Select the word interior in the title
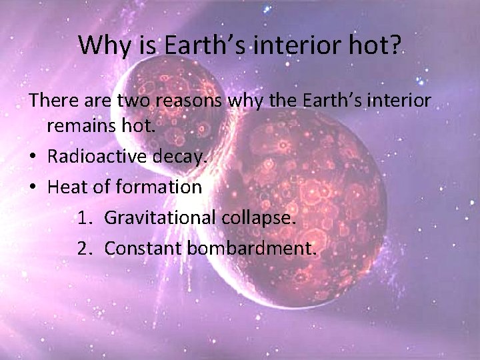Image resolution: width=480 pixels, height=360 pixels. click(x=292, y=45)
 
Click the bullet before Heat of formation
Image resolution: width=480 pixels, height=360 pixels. click(x=33, y=187)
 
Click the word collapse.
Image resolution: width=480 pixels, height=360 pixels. click(x=261, y=217)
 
